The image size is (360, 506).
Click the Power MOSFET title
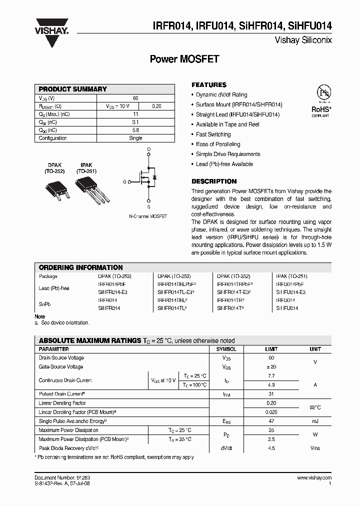coord(184,59)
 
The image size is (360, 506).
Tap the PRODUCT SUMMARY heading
coord(72,89)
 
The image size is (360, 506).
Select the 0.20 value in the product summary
coord(156,106)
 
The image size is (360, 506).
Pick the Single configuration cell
coord(135,138)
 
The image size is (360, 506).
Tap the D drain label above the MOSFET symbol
coord(148,149)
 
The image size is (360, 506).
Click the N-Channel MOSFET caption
coord(148,216)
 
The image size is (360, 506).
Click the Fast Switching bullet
coord(213,134)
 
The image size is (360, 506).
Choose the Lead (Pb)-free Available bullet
coord(224,164)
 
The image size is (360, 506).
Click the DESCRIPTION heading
coord(214,181)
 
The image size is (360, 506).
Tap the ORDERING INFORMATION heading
coord(80,267)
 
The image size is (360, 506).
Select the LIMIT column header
coord(270,349)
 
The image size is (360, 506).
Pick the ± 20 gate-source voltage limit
coord(270,367)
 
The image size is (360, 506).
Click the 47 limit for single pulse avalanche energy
coord(270,421)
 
